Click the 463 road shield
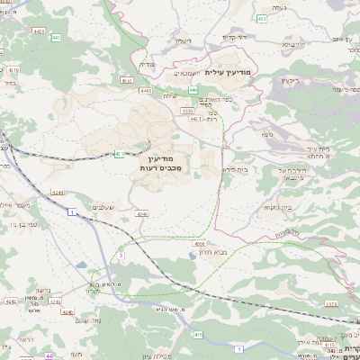[262, 17]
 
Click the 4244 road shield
[58, 193]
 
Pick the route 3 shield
[121, 256]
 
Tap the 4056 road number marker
[199, 243]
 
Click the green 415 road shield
[196, 334]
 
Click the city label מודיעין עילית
[231, 72]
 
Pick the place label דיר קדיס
[235, 38]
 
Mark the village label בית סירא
[235, 167]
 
